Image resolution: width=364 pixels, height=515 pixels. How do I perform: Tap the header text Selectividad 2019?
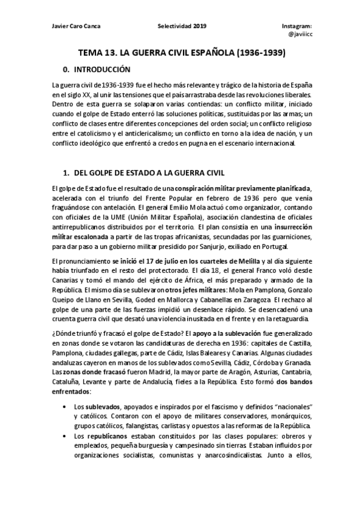tap(182, 26)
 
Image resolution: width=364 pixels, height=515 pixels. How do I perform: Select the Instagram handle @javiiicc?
tap(300, 36)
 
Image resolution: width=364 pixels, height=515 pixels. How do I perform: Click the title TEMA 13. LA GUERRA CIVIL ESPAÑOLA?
tap(182, 53)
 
